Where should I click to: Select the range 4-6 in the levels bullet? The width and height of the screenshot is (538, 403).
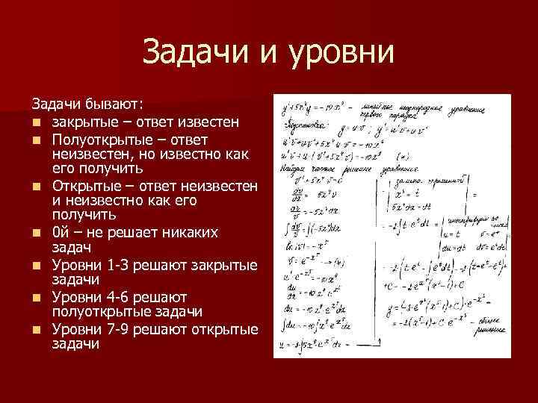[x=117, y=298]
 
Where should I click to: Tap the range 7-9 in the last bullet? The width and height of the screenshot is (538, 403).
[x=116, y=329]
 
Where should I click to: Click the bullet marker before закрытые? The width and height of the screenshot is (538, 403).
[x=35, y=121]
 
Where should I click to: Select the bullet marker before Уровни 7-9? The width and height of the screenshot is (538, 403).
[x=35, y=330]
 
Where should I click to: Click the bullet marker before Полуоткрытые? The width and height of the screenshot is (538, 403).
[x=35, y=140]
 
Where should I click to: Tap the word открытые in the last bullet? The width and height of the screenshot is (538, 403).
[x=226, y=329]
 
